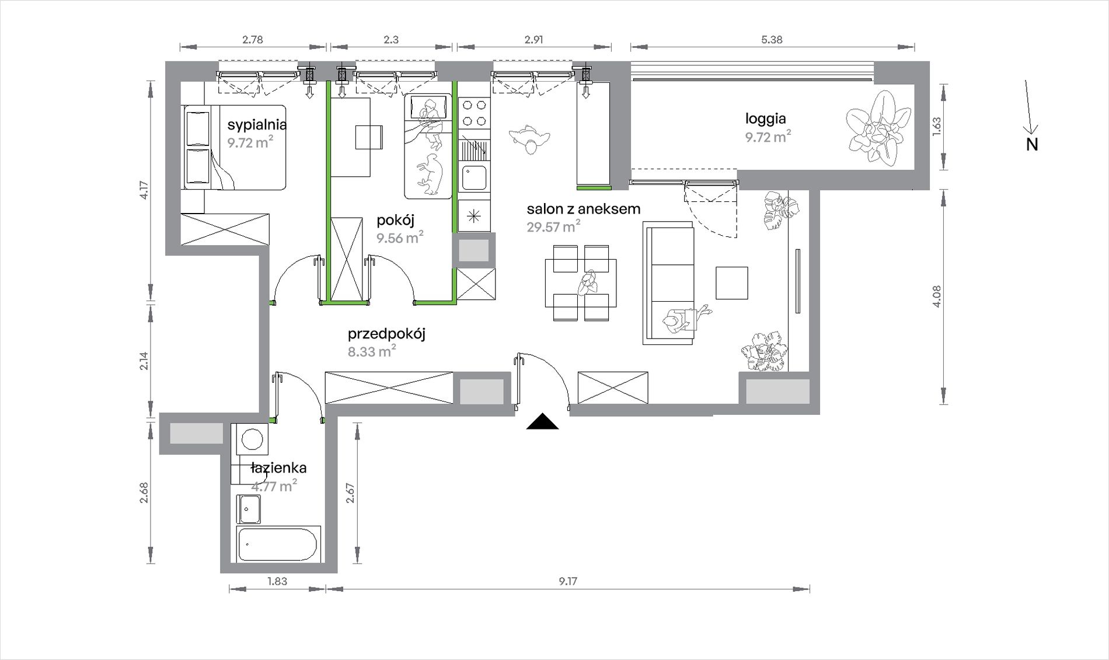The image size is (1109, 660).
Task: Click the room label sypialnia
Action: click(x=257, y=125)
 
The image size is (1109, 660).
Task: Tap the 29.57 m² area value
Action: click(x=553, y=226)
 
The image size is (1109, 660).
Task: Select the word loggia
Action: click(x=765, y=119)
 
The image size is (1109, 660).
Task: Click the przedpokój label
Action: click(x=386, y=334)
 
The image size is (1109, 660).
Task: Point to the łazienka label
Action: click(x=278, y=468)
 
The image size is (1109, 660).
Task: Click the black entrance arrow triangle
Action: click(x=542, y=421)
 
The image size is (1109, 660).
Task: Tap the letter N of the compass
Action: click(x=1032, y=145)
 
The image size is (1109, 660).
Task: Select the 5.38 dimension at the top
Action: click(x=772, y=40)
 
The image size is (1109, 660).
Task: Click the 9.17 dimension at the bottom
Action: click(x=567, y=581)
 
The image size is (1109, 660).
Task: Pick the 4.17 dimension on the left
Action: click(x=144, y=190)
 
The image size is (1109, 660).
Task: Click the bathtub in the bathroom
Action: click(x=278, y=544)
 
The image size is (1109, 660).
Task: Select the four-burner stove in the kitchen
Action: click(x=474, y=113)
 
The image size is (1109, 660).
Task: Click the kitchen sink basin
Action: click(x=475, y=177)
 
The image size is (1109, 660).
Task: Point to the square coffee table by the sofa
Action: click(x=732, y=283)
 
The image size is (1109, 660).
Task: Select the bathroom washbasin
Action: click(x=249, y=509)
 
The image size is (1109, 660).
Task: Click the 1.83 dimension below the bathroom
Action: click(x=277, y=581)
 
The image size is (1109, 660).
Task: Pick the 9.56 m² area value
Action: click(x=400, y=238)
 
